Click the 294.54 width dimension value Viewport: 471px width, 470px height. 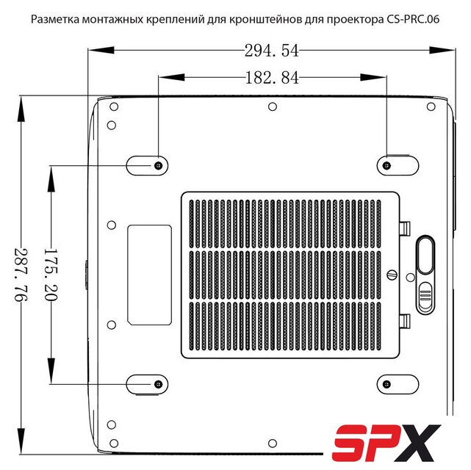[x=272, y=51]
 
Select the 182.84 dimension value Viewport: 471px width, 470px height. [x=272, y=78]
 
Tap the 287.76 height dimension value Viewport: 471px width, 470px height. [x=21, y=275]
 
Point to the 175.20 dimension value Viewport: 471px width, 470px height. [x=51, y=275]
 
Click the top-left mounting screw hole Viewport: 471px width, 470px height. [x=159, y=165]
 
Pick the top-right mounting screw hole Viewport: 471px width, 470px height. [x=387, y=165]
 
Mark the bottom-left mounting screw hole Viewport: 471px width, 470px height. [x=159, y=384]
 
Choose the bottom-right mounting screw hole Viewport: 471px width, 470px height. [x=387, y=384]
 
